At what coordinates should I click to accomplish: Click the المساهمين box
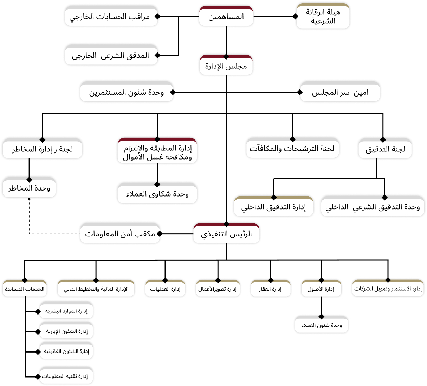pyautogui.click(x=226, y=17)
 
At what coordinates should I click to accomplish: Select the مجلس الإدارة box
pyautogui.click(x=226, y=66)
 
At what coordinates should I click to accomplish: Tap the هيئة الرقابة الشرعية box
pyautogui.click(x=323, y=17)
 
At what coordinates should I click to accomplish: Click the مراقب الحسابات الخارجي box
pyautogui.click(x=111, y=17)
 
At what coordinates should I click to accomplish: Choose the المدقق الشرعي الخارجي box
pyautogui.click(x=111, y=56)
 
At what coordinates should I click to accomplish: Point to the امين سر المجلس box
pyautogui.click(x=340, y=93)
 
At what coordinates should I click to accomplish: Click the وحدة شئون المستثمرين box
pyautogui.click(x=127, y=93)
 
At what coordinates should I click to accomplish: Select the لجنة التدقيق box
pyautogui.click(x=385, y=149)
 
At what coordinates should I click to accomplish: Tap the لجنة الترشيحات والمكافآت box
pyautogui.click(x=292, y=149)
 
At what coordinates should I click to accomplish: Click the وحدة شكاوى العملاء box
pyautogui.click(x=157, y=194)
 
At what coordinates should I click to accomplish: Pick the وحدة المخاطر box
pyautogui.click(x=29, y=188)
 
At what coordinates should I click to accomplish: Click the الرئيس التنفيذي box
pyautogui.click(x=226, y=234)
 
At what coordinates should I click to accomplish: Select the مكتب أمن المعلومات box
pyautogui.click(x=120, y=234)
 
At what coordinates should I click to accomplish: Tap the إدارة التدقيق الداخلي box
pyautogui.click(x=273, y=207)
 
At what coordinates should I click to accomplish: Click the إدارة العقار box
pyautogui.click(x=270, y=289)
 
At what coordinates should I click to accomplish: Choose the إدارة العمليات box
pyautogui.click(x=165, y=289)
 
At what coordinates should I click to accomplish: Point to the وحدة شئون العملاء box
pyautogui.click(x=321, y=325)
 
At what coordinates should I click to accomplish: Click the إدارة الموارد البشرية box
pyautogui.click(x=66, y=311)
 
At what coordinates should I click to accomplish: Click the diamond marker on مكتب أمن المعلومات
pyautogui.click(x=160, y=234)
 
